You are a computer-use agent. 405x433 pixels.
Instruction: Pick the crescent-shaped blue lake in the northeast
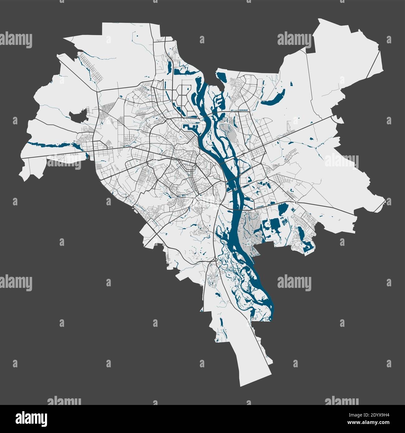coord(274,98)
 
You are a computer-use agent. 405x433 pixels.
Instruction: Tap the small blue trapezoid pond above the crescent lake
coord(291,83)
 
